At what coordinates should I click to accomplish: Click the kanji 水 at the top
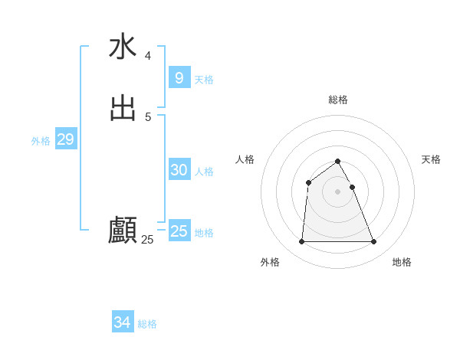click(123, 47)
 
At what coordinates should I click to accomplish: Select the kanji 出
click(123, 107)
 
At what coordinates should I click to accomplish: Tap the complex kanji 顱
click(123, 230)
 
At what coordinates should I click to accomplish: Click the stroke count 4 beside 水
click(148, 56)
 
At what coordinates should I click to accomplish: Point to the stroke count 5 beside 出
click(148, 116)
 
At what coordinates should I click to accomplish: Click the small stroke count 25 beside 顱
click(147, 240)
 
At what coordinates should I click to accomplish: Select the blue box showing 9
click(179, 78)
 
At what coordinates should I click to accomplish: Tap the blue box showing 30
click(179, 170)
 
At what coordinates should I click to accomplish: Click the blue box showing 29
click(65, 139)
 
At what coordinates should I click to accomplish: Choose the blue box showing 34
click(123, 322)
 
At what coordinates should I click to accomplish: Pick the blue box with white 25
click(179, 231)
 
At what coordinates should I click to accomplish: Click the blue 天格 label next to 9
click(204, 80)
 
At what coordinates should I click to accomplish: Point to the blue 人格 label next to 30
click(205, 172)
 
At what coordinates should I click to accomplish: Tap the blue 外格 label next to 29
click(41, 141)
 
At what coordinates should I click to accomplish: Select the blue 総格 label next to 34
click(147, 324)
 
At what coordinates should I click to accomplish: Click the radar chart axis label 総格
click(338, 100)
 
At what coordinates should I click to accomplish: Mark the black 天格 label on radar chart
click(431, 159)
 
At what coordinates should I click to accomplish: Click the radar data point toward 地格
click(374, 242)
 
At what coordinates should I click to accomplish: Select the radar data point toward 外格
click(301, 242)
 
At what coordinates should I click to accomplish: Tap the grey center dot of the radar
click(338, 191)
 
